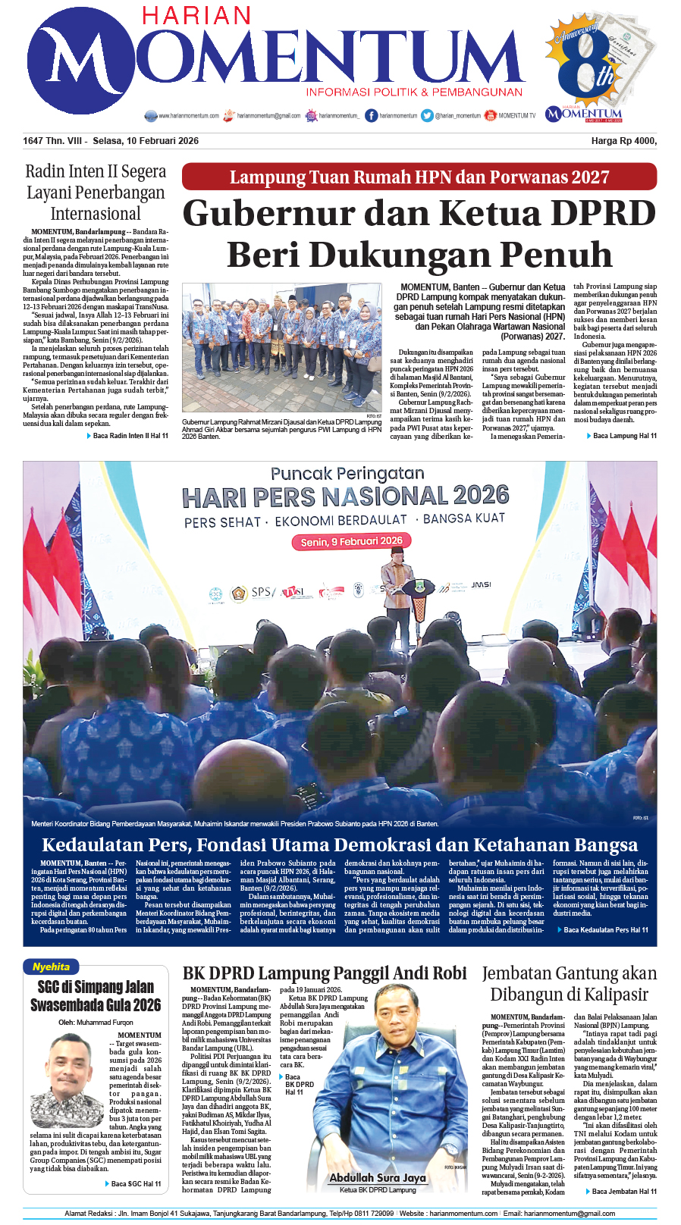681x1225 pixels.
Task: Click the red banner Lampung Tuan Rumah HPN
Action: [419, 177]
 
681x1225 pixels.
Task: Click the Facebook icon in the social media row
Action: [371, 115]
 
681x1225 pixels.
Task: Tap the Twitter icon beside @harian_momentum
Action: [427, 115]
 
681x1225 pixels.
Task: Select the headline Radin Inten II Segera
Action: [96, 171]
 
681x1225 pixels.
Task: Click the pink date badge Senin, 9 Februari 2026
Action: [351, 541]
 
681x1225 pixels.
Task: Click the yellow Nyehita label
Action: [52, 967]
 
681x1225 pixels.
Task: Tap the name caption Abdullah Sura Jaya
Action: [377, 1177]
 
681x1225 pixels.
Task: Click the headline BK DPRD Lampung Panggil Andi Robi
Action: [325, 973]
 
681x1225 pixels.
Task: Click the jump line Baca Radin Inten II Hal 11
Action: [130, 436]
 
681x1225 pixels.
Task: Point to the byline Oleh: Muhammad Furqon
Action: [96, 1022]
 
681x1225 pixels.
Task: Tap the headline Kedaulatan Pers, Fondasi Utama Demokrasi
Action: [340, 845]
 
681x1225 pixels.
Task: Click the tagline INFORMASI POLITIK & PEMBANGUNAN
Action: [414, 92]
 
